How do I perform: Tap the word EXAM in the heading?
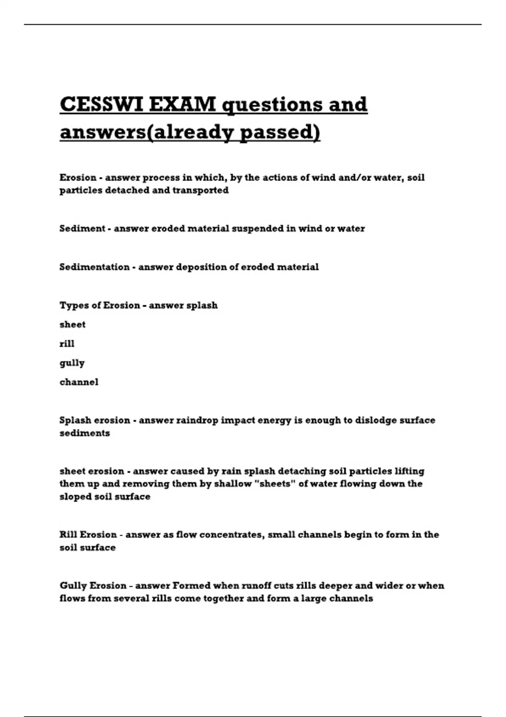pos(183,104)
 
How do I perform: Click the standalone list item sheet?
pos(73,325)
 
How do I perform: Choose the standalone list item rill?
pos(67,344)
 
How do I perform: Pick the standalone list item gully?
pos(72,363)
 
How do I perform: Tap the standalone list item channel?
pos(79,382)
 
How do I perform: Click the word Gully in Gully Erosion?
pos(73,586)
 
